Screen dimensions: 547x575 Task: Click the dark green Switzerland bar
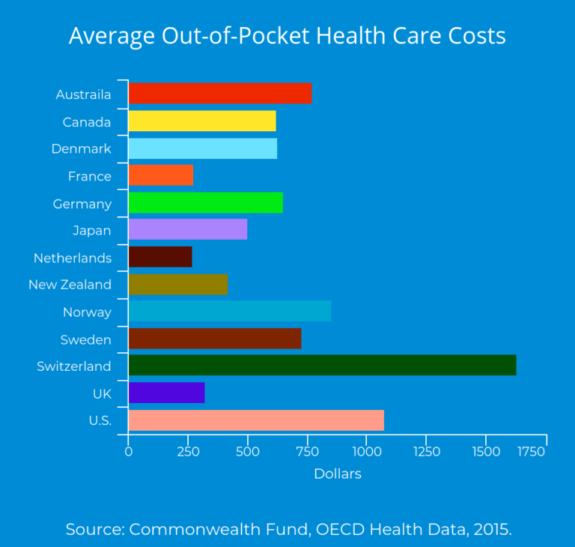[x=322, y=366]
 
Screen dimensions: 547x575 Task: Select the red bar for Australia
[x=219, y=94]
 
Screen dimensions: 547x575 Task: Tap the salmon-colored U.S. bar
[x=256, y=420]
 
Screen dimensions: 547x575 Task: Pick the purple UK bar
[x=166, y=393]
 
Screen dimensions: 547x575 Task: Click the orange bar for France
[x=160, y=175]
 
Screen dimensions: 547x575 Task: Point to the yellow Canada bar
[x=202, y=121]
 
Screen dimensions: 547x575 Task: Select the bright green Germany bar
[x=205, y=203]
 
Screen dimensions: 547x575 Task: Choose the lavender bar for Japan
[x=187, y=230]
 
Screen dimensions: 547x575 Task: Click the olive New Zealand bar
[x=177, y=285]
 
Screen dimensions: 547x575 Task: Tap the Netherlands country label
[x=72, y=258]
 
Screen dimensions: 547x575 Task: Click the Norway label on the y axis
[x=87, y=312]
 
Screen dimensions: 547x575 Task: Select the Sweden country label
[x=85, y=339]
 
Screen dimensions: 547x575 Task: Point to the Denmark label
[x=81, y=149]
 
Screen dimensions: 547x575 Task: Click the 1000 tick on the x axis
[x=367, y=452]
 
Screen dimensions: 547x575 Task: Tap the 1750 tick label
[x=532, y=452]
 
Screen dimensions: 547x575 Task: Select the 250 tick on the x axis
[x=188, y=452]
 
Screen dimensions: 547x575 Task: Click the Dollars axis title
[x=338, y=474]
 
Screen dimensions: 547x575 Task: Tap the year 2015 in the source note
[x=492, y=529]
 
